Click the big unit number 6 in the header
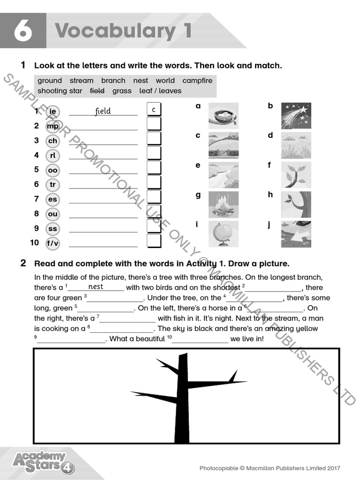pyautogui.click(x=22, y=31)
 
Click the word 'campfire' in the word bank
pyautogui.click(x=197, y=81)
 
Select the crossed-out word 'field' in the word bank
pyautogui.click(x=97, y=91)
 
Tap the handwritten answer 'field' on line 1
pyautogui.click(x=103, y=111)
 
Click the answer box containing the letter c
pyautogui.click(x=154, y=110)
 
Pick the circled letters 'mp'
pyautogui.click(x=52, y=126)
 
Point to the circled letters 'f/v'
pyautogui.click(x=52, y=243)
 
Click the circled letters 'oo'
pyautogui.click(x=52, y=170)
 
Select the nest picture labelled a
pyautogui.click(x=223, y=116)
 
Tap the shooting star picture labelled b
pyautogui.click(x=295, y=116)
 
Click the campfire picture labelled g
pyautogui.click(x=223, y=204)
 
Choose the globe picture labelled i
pyautogui.click(x=223, y=234)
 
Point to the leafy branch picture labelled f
pyautogui.click(x=295, y=175)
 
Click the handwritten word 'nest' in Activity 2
pyautogui.click(x=96, y=287)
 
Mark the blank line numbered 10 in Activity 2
pyautogui.click(x=200, y=339)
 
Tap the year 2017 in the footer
pyautogui.click(x=332, y=468)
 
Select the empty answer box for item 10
pyautogui.click(x=154, y=241)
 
